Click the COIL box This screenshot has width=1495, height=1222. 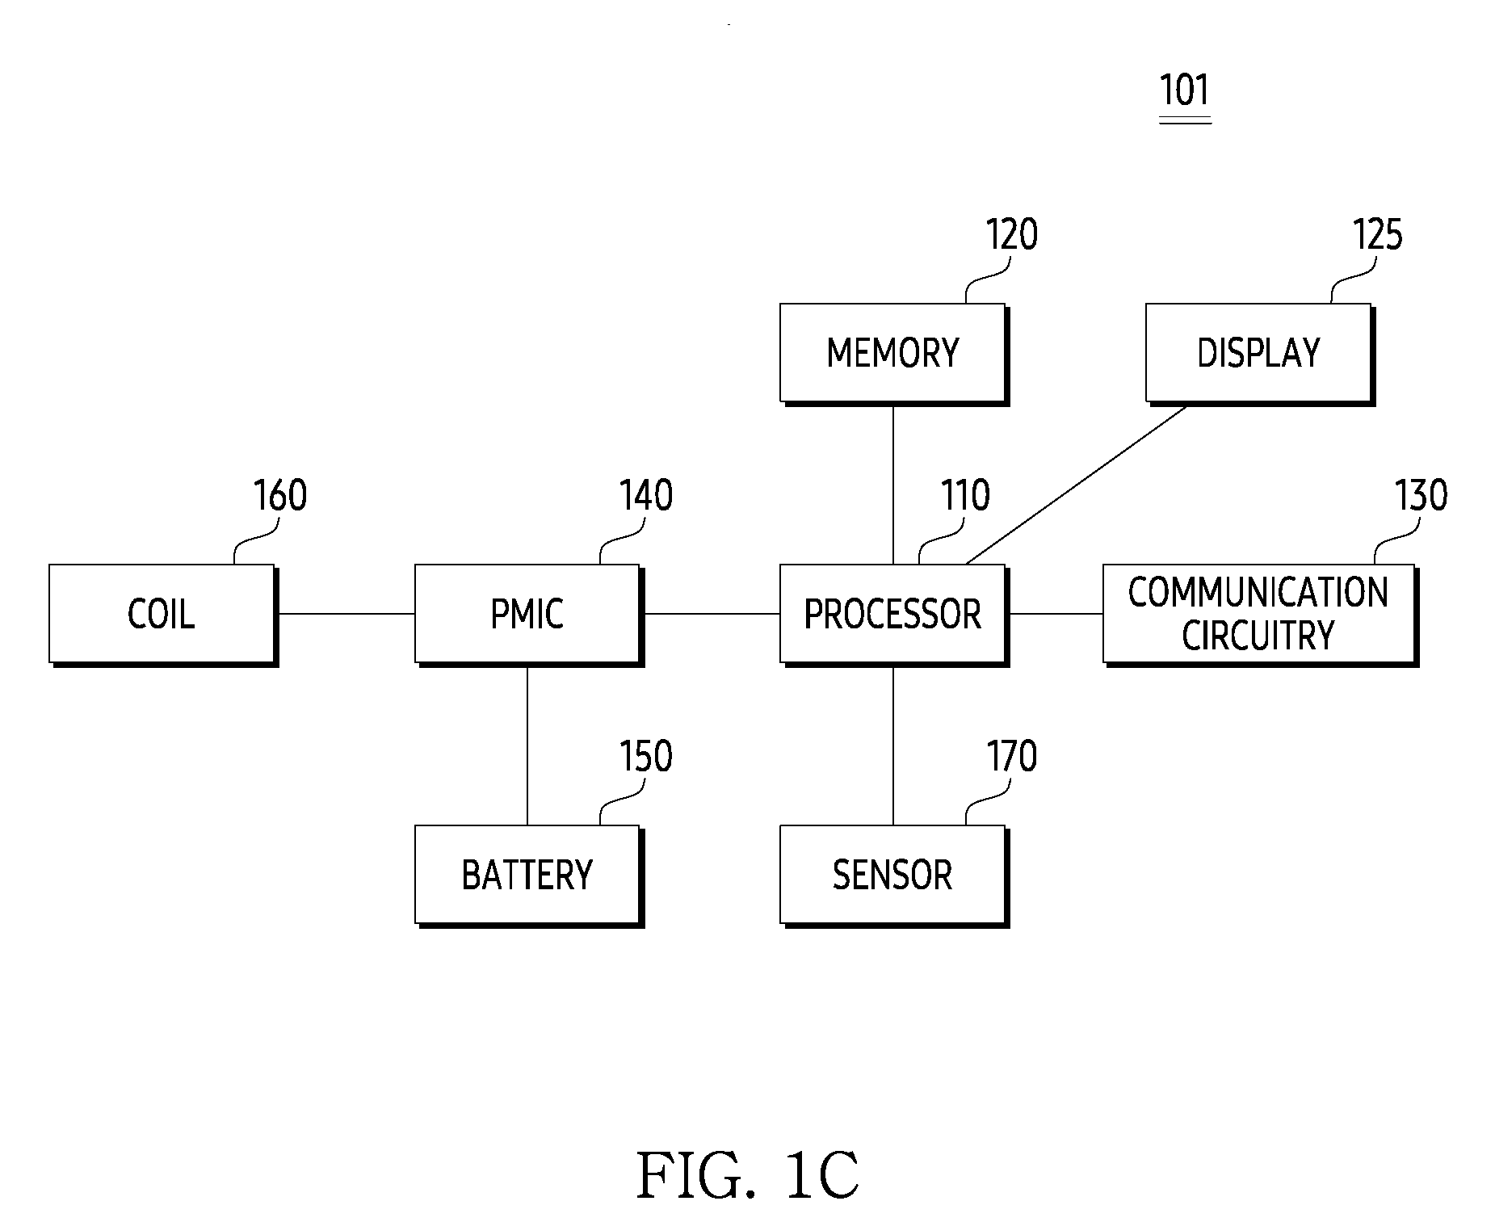[x=163, y=615]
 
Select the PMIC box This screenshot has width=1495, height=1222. [x=529, y=615]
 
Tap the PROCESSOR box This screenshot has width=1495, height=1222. [x=894, y=615]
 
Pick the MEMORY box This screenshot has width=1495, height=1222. [x=894, y=354]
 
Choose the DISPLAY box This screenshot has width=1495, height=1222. [x=1260, y=354]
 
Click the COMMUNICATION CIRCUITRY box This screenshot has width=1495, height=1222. [x=1260, y=615]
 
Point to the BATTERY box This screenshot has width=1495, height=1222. [x=529, y=876]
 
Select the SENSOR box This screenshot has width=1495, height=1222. [x=894, y=876]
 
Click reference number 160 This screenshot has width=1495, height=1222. [x=280, y=495]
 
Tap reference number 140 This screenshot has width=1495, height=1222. [x=646, y=495]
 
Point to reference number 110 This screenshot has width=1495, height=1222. [x=965, y=495]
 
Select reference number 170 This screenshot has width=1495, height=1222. [x=1011, y=756]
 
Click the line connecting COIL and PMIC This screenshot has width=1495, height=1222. [x=346, y=614]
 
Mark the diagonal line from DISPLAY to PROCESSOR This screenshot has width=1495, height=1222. [x=1076, y=485]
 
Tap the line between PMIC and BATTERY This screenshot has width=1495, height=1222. [x=527, y=745]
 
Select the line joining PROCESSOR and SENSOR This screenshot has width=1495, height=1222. [x=892, y=745]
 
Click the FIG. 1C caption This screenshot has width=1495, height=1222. [x=747, y=1176]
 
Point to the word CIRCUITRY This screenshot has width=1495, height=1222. [x=1258, y=636]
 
